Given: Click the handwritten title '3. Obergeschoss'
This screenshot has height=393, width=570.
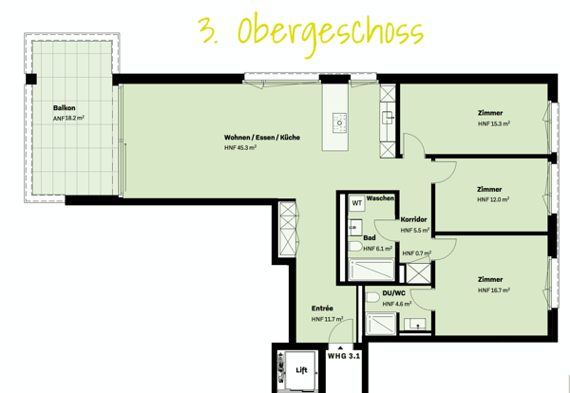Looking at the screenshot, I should [309, 31].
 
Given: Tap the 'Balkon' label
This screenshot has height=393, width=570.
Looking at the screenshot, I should [66, 107].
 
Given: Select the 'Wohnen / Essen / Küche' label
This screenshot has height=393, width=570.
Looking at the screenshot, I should [262, 138].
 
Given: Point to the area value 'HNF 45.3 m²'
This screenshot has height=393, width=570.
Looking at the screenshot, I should [241, 148].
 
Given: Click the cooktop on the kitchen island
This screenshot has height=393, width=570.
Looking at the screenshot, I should [338, 122].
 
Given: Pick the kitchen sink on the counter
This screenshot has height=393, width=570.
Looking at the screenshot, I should [388, 118].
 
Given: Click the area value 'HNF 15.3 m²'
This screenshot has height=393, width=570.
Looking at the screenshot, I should [494, 123].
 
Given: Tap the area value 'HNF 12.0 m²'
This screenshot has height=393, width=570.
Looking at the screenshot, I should [493, 200].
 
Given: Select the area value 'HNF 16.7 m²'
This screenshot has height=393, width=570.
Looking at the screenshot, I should [493, 290].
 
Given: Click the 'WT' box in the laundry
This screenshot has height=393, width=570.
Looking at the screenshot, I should [357, 203].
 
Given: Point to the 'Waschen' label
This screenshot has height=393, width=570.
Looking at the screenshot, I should [381, 197].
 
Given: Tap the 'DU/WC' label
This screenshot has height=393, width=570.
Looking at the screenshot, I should [393, 292].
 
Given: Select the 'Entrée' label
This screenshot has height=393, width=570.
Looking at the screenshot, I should [322, 309].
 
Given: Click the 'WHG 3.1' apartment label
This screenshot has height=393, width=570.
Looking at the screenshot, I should [343, 357].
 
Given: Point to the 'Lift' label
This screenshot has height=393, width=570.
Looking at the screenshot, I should [302, 369].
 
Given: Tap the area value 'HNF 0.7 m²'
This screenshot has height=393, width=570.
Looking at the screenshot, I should [416, 253].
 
